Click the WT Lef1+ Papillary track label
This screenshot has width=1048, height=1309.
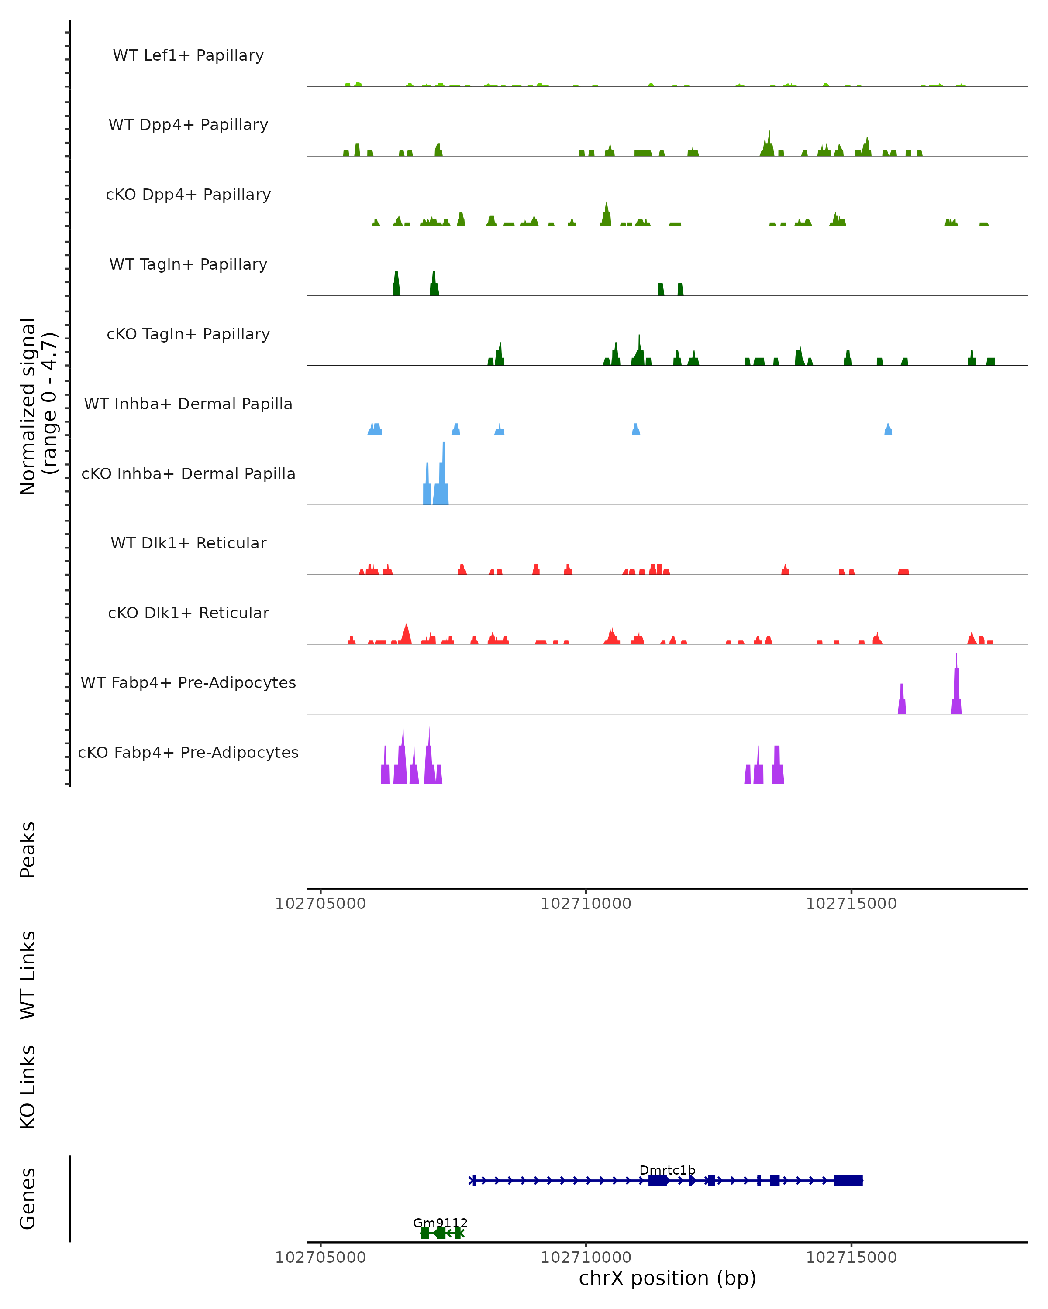188,56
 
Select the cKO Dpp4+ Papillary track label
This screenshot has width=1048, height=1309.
188,195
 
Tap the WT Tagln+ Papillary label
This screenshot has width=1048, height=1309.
188,265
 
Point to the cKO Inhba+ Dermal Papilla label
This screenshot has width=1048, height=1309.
188,474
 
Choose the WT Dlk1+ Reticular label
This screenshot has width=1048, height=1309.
188,543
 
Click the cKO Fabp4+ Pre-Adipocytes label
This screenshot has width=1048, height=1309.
188,753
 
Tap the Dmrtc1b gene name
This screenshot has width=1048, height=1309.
667,1171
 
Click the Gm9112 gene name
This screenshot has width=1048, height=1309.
441,1223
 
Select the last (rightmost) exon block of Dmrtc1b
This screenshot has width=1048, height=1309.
848,1180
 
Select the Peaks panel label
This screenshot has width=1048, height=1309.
28,850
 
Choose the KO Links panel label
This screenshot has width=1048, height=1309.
28,1087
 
